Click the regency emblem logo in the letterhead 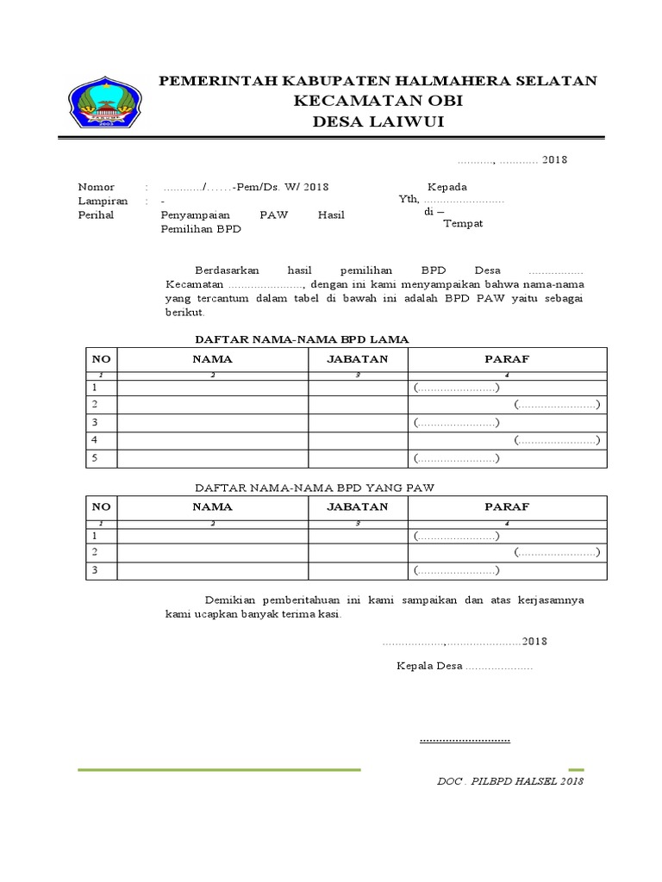pos(106,103)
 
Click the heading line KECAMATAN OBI pos(378,101)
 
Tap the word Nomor pos(96,187)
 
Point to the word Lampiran pos(103,201)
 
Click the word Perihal pos(96,214)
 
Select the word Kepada pos(447,187)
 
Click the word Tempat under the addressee pos(463,224)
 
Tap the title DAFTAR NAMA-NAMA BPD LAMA pos(302,339)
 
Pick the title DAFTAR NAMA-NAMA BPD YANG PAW pos(314,488)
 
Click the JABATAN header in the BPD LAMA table pos(358,359)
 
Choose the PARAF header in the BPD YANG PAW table pos(507,506)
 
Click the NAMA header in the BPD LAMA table pos(212,359)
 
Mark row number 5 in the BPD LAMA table pos(96,458)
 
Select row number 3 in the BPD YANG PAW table pos(96,570)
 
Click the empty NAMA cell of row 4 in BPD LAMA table pos(213,440)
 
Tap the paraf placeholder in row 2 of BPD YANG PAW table pos(557,552)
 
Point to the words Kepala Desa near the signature pos(429,667)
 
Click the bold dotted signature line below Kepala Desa pos(465,740)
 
